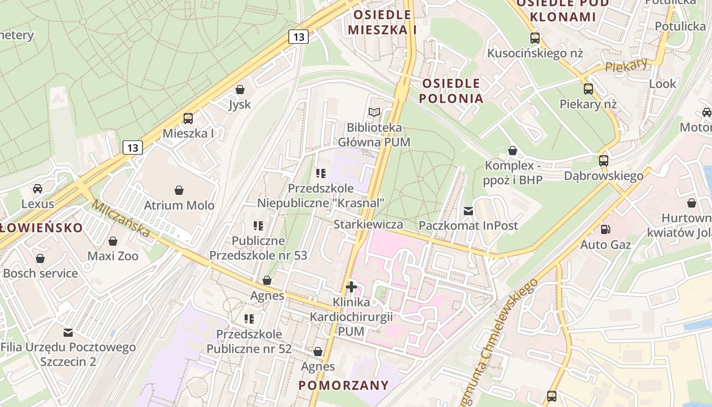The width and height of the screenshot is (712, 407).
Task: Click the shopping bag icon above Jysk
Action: (x=240, y=90)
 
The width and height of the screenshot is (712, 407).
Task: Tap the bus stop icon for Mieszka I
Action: (x=188, y=119)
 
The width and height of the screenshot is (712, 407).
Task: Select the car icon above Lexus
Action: (x=38, y=189)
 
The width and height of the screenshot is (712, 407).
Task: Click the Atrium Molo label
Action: (x=179, y=206)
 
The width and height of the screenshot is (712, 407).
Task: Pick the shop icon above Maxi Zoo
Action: (x=113, y=241)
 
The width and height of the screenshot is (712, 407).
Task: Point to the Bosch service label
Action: (x=41, y=273)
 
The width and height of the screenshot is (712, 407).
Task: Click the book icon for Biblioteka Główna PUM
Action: (x=374, y=112)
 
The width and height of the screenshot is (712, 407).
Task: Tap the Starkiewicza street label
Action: (x=368, y=224)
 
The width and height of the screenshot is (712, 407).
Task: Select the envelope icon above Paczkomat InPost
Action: (x=468, y=211)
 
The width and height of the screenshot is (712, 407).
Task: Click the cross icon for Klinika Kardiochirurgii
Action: (x=351, y=287)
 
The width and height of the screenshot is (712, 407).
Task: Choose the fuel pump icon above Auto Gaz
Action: (x=605, y=229)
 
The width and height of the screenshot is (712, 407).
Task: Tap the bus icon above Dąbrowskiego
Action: (x=604, y=161)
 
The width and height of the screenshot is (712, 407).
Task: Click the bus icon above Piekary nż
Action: (x=588, y=89)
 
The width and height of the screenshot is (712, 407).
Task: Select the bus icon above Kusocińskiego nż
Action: (x=535, y=38)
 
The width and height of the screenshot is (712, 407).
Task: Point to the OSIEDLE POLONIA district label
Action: (x=451, y=91)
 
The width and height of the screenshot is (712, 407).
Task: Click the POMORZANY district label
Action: (x=344, y=385)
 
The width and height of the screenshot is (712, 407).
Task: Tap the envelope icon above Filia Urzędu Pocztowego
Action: (x=68, y=333)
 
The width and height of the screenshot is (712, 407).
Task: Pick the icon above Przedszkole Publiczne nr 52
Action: (x=249, y=319)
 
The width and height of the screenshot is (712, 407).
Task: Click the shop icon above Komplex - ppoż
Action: (x=513, y=151)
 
